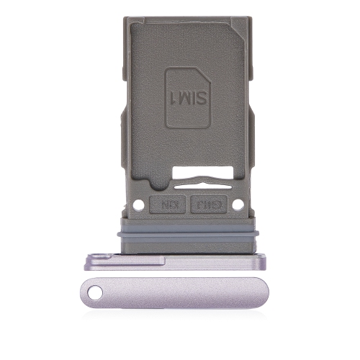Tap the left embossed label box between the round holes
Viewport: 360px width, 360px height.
167,205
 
